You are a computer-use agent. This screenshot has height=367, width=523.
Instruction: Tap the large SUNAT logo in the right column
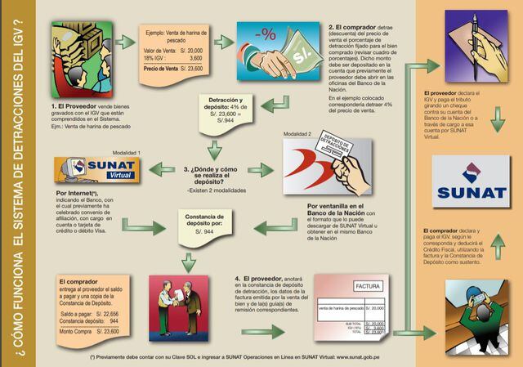pos(472,182)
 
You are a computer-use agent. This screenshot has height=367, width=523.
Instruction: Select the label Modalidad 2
pos(297,133)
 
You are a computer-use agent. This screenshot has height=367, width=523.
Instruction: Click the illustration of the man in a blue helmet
pos(472,305)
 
